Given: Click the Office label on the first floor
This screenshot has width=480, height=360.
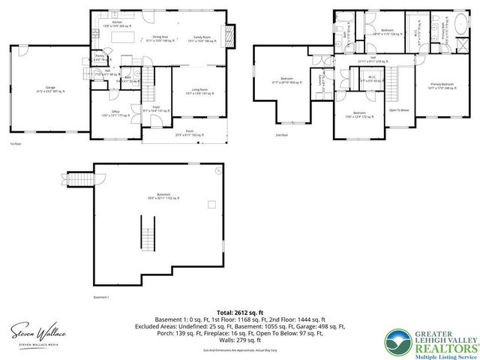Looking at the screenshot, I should click(115, 113).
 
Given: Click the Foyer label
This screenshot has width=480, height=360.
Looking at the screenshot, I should click(156, 109).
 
